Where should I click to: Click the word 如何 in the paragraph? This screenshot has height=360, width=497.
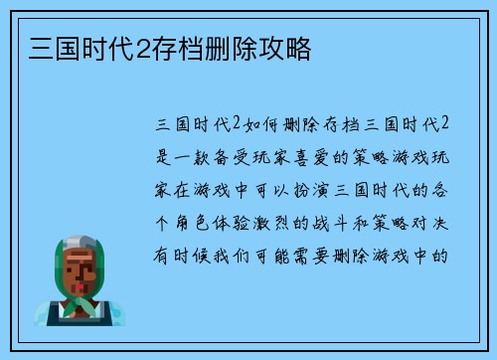point(262,124)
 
